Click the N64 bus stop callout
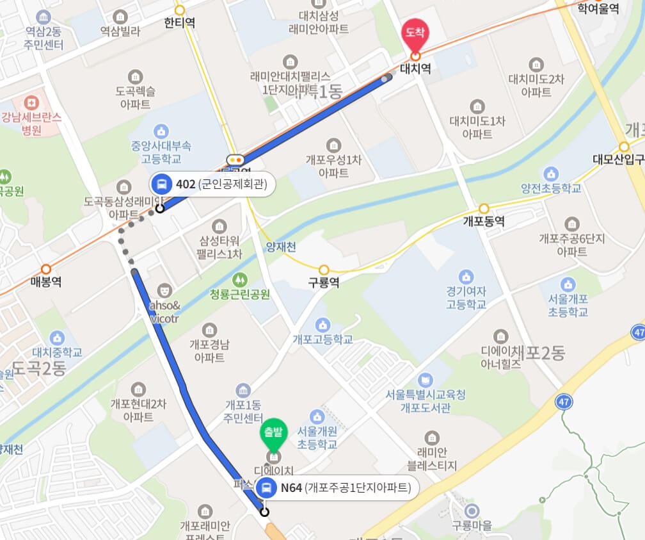pos(337,488)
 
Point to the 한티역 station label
pos(179,23)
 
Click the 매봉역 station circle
pos(45,270)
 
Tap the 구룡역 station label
pos(324,283)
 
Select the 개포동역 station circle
pos(484,209)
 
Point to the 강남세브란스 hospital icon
pos(30,102)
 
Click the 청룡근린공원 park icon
pos(240,279)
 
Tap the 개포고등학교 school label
pos(323,340)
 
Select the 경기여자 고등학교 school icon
pos(466,276)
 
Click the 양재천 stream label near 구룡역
pos(281,247)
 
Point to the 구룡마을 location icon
pos(472,511)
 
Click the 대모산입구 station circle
pos(624,146)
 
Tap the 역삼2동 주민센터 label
pos(44,38)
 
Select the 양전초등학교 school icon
pos(550,174)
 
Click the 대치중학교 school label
pos(58,352)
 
